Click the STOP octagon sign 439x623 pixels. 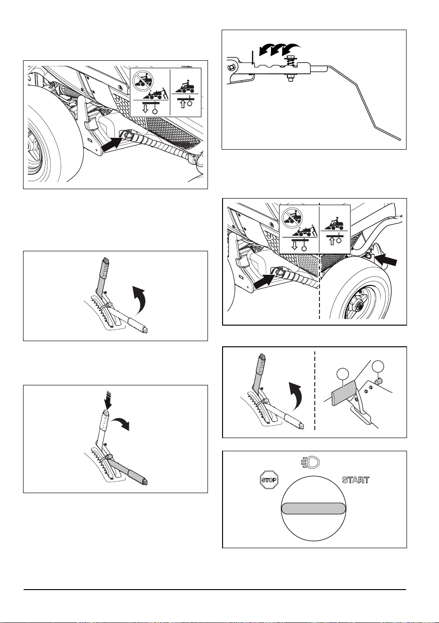(x=269, y=480)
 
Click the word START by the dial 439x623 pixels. (x=355, y=480)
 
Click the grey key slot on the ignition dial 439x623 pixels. (x=313, y=508)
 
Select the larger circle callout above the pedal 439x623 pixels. (x=343, y=375)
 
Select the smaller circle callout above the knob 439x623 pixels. (x=378, y=366)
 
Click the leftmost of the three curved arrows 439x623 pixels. (x=266, y=49)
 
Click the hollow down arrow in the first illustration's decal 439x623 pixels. (x=145, y=109)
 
